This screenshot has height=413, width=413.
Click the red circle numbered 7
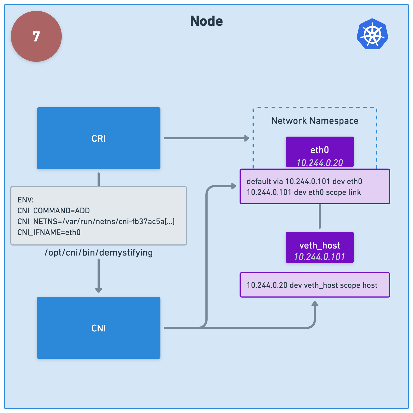coord(36,36)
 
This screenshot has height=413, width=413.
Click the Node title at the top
coord(206,21)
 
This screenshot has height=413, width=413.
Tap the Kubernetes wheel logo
coord(373,34)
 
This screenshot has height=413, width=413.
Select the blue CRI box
coord(99,138)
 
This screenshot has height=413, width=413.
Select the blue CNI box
coord(99,328)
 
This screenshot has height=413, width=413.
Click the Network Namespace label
coord(315,121)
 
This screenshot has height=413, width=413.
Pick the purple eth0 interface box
coord(320,152)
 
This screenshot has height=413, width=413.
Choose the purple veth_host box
coord(320,247)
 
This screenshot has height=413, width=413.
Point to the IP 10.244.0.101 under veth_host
coord(320,257)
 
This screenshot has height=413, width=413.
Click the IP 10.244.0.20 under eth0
coord(320,163)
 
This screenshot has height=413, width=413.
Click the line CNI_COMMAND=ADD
coord(54,211)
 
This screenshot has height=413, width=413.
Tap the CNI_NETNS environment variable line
coord(96,221)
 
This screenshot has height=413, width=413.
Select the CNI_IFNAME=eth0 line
coord(49,232)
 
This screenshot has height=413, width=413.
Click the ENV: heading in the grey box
coord(25,200)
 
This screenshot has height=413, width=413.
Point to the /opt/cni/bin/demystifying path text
coord(99,253)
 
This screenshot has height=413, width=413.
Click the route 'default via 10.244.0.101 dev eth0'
coord(304,181)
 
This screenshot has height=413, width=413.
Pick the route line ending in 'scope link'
coord(304,192)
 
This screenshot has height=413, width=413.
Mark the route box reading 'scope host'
coord(315,285)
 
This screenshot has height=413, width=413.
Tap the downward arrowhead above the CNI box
coord(99,291)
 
